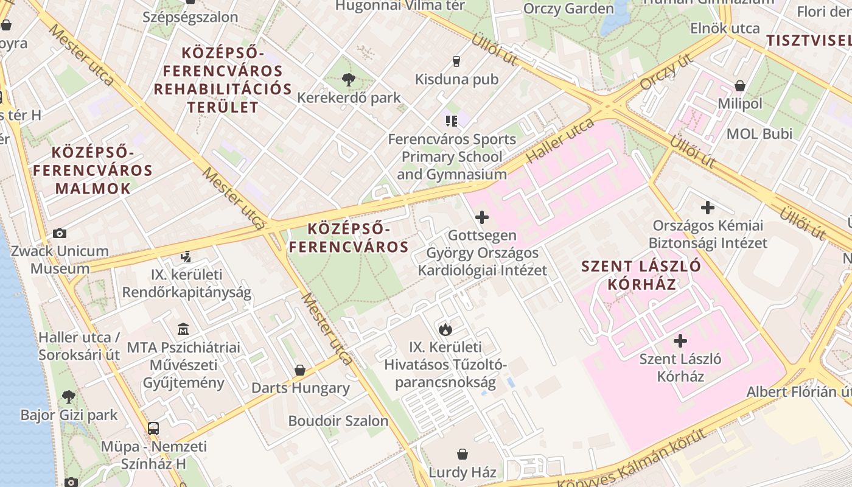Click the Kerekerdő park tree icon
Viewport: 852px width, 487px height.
coord(349,79)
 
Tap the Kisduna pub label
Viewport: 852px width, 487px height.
coord(456,79)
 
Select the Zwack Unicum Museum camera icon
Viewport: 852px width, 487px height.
coord(60,233)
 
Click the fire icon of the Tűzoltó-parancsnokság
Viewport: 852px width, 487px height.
coord(445,329)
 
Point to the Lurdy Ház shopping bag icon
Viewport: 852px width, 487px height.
coord(463,454)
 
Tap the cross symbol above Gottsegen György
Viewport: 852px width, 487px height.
coord(482,217)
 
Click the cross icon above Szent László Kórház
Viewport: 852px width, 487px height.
coord(680,341)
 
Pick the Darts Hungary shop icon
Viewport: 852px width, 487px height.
coord(299,370)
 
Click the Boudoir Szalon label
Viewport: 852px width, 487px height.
coord(338,421)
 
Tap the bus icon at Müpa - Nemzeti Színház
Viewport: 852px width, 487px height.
coord(153,428)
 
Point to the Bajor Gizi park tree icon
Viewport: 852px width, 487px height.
coord(69,397)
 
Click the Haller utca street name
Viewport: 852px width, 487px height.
coord(560,141)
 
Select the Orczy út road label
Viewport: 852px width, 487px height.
coord(667,71)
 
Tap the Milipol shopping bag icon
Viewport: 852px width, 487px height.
coord(740,86)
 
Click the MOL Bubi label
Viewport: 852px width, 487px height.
coord(759,133)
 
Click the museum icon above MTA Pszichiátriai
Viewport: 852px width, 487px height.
coord(183,329)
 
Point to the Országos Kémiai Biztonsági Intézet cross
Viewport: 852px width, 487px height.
coord(707,208)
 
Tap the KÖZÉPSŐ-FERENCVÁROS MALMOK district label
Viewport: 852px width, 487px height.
coord(93,170)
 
